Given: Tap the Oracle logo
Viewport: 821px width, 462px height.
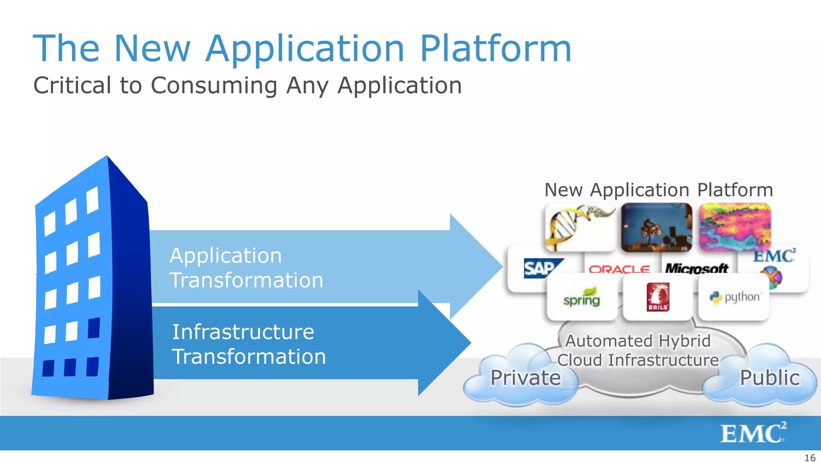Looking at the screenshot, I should (x=619, y=269).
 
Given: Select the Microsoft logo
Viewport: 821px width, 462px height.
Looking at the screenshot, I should (x=696, y=268).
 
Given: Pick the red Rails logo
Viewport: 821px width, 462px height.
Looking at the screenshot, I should (x=657, y=297).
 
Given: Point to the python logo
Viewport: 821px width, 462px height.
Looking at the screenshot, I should (x=734, y=297).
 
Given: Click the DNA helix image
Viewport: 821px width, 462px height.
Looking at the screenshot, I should (x=580, y=227).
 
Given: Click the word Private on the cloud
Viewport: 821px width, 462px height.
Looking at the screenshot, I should (x=525, y=378).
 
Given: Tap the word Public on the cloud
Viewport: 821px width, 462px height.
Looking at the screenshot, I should (x=769, y=378).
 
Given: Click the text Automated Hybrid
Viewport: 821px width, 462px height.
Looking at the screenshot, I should (x=637, y=341).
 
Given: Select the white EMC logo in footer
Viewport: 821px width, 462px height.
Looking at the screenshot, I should (x=753, y=433).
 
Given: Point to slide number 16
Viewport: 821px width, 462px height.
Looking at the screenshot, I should (x=810, y=458).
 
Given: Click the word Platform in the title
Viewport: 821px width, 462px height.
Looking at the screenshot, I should (x=495, y=49).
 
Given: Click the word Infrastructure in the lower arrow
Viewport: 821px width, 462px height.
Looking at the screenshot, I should (x=243, y=332).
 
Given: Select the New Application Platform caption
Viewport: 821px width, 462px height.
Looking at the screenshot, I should (x=658, y=190).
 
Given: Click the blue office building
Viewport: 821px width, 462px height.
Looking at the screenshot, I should (x=92, y=281).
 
